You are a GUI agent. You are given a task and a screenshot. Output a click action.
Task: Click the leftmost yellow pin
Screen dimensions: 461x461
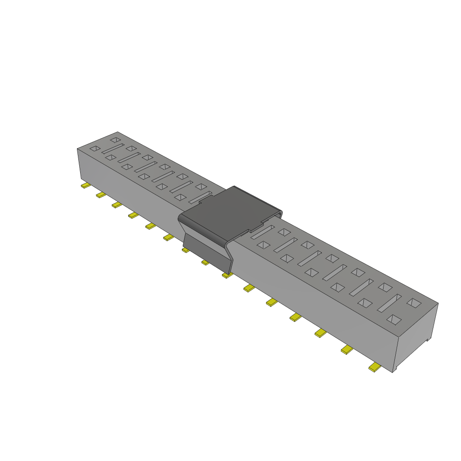pyautogui.click(x=85, y=185)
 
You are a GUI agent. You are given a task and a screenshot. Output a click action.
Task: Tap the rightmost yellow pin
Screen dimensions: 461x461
pyautogui.click(x=374, y=368)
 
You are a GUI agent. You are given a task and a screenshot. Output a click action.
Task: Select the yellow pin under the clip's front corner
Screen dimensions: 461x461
pyautogui.click(x=227, y=275)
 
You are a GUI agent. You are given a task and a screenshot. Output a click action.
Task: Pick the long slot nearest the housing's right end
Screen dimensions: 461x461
pyautogui.click(x=389, y=303)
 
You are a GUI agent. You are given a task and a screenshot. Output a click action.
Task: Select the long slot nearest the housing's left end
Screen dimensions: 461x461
pyautogui.click(x=113, y=148)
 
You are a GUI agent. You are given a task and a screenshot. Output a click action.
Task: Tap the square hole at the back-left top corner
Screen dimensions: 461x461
pyautogui.click(x=115, y=140)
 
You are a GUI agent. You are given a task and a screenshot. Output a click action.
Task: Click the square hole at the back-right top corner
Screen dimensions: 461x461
pyautogui.click(x=415, y=304)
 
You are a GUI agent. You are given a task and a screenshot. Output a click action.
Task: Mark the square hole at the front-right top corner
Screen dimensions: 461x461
pyautogui.click(x=394, y=320)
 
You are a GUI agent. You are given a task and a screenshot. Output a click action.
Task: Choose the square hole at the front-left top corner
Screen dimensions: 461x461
pyautogui.click(x=95, y=148)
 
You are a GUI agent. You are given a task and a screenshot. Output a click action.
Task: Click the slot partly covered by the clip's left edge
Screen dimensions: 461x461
pyautogui.click(x=200, y=197)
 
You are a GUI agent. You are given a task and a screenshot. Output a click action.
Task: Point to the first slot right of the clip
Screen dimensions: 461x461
pyautogui.click(x=262, y=232)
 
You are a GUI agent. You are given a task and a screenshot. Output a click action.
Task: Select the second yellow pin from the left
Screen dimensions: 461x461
pyautogui.click(x=101, y=194)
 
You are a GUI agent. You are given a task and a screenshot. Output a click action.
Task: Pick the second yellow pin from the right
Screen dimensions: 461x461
pyautogui.click(x=347, y=349)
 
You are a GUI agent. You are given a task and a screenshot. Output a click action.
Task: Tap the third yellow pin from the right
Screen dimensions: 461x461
pyautogui.click(x=321, y=333)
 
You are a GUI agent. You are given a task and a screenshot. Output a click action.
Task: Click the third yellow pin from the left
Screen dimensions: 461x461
pyautogui.click(x=117, y=205)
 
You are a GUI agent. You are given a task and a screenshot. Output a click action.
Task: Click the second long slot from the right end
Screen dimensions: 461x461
pyautogui.click(x=362, y=287)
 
